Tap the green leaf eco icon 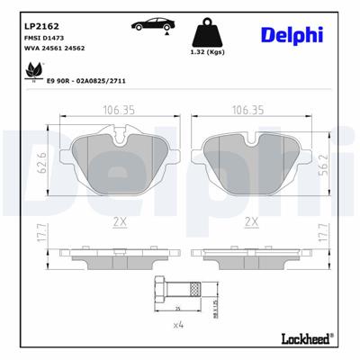[x=35, y=71]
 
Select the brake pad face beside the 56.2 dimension [x=252, y=162]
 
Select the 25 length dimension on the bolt [x=179, y=309]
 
